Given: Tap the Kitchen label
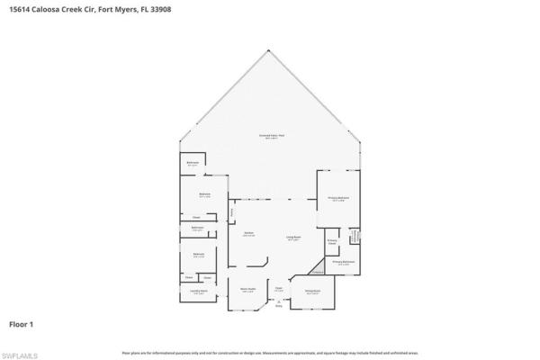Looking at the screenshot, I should tap(248, 233).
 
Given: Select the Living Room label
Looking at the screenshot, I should tap(293, 239).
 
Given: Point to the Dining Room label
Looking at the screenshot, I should tap(312, 292).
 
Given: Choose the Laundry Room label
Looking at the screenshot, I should tap(199, 292).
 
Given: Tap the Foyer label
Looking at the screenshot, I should tap(279, 289).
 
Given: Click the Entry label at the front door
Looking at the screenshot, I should tap(279, 307).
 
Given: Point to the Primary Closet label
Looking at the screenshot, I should tap(331, 242).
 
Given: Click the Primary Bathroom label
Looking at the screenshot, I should tap(343, 263).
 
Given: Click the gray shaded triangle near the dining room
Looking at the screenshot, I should tap(318, 267).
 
